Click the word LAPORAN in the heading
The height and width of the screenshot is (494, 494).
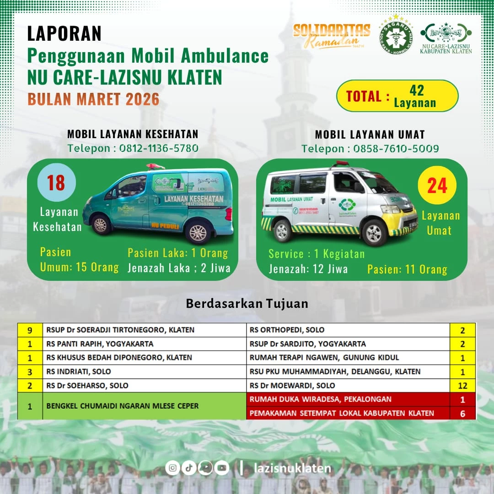[x=64, y=33]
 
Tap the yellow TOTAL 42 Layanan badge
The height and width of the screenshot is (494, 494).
[x=397, y=96]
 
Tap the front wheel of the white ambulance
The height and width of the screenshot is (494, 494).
[x=375, y=232]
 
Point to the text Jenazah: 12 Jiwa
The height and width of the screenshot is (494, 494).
[x=308, y=269]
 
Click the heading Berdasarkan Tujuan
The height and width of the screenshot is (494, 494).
[x=247, y=304]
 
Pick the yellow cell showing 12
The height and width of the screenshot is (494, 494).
[x=462, y=385]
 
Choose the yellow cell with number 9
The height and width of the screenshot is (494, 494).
[x=30, y=330]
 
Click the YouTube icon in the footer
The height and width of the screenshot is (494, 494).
[x=222, y=467]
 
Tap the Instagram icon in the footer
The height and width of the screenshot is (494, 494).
[x=172, y=467]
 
